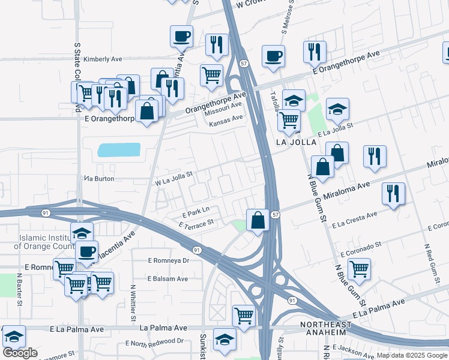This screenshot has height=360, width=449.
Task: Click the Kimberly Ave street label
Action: click(103, 59)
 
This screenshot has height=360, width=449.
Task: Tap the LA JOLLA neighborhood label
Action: click(295, 142)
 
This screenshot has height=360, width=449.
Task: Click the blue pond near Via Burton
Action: click(118, 149)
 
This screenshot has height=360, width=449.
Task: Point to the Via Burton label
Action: click(98, 179)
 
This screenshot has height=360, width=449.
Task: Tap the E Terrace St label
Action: click(196, 224)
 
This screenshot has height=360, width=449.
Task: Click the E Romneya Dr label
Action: click(169, 260)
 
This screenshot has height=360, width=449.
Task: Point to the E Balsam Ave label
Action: click(168, 278)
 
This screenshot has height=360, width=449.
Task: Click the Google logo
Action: click(20, 353)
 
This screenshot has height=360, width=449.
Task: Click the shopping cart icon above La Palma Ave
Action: click(244, 315)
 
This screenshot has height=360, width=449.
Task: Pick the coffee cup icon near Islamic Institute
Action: click(87, 251)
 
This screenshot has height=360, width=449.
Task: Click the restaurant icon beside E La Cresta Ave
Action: click(393, 193)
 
